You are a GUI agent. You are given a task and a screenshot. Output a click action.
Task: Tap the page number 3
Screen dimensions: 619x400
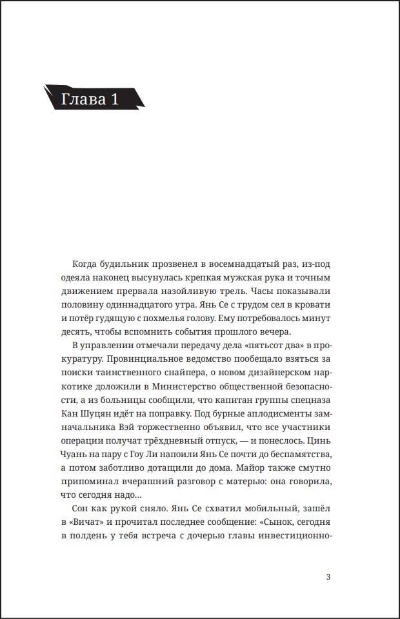pyautogui.click(x=328, y=576)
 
